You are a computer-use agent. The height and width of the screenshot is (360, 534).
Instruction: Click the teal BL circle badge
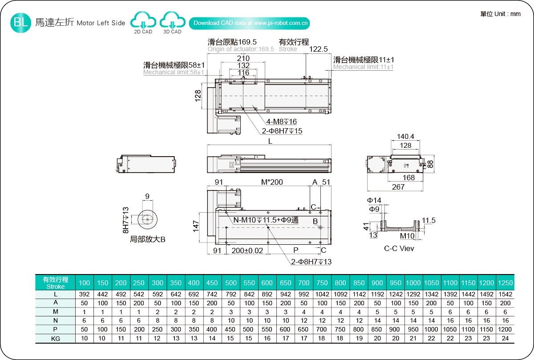click(20, 23)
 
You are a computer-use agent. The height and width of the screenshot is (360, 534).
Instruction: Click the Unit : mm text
click(500, 14)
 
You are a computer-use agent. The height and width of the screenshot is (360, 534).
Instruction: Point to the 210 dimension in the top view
click(243, 58)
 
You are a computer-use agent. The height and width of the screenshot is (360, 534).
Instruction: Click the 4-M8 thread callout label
click(281, 121)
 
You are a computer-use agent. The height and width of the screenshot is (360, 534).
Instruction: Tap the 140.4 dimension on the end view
click(405, 137)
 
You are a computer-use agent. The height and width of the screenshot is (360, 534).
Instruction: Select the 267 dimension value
click(398, 187)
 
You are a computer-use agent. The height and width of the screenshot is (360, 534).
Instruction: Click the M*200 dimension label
click(272, 182)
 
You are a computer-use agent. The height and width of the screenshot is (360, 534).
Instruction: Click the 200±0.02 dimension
click(247, 251)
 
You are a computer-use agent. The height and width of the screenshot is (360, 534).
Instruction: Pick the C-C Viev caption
click(399, 248)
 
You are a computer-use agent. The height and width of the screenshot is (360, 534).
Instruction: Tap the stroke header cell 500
click(231, 283)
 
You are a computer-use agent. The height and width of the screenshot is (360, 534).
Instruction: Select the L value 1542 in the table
click(505, 294)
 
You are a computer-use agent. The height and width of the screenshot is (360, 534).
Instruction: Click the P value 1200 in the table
click(505, 330)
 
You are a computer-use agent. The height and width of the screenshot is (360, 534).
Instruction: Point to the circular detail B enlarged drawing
click(146, 219)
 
